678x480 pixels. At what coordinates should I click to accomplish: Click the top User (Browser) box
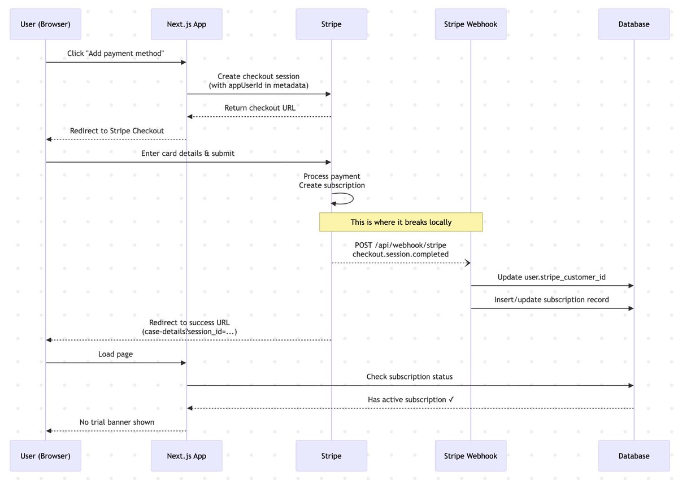coord(45,24)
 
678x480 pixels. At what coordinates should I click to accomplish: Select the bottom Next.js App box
coord(186,456)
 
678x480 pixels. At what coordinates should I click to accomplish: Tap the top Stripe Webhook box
coord(470,24)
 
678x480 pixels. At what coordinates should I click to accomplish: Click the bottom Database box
coord(634,456)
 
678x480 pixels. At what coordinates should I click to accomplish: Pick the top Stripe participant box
coord(331,24)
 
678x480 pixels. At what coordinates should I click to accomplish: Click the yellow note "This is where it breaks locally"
coord(401,222)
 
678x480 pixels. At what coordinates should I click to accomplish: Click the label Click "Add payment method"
coord(116,54)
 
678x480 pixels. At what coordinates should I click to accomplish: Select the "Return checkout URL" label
coord(259,108)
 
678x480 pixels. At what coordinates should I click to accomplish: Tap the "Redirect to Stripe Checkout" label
coord(117,130)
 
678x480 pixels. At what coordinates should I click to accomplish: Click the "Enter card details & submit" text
coord(188,153)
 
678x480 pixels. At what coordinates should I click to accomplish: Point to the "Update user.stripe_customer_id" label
coord(551,277)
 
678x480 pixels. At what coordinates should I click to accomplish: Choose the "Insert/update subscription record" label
coord(551,299)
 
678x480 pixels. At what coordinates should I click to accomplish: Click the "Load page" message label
coord(116,354)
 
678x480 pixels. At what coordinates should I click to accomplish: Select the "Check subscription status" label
coord(410,377)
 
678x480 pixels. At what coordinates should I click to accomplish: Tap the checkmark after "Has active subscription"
coord(451,399)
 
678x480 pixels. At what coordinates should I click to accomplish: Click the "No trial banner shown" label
coord(117,422)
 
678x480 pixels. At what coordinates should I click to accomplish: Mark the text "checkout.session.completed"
coord(401,254)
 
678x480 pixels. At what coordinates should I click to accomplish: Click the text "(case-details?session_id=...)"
coord(189,331)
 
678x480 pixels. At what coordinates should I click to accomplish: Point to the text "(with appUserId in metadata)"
coord(259,85)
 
